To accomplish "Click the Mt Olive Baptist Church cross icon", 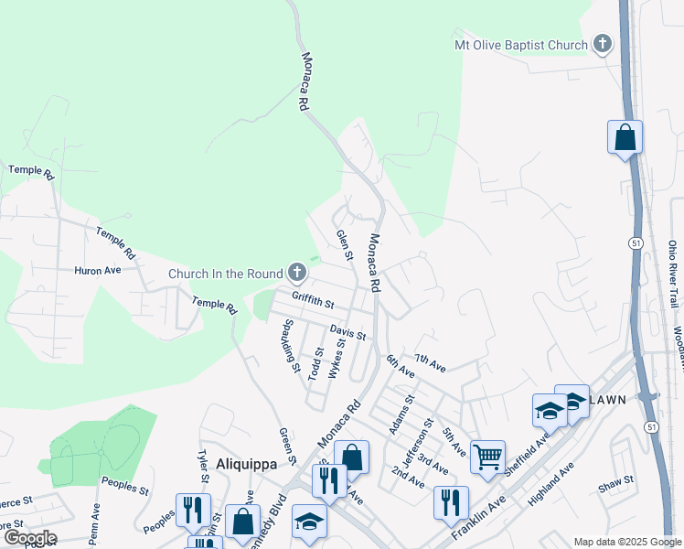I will tap(602, 43).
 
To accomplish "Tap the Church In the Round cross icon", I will tap(296, 272).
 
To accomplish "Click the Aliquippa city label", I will tap(246, 464).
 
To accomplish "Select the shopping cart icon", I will tap(487, 455).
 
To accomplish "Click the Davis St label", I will tap(347, 332).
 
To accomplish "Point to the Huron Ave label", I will tap(98, 271).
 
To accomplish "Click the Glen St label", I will tap(344, 244).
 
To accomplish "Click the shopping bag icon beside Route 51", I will tap(625, 137).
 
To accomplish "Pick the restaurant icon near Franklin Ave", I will tap(451, 501).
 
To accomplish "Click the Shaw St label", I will tap(615, 480).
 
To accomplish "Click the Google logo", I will tap(29, 538).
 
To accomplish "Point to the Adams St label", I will tap(401, 414).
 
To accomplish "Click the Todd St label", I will tap(315, 363).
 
